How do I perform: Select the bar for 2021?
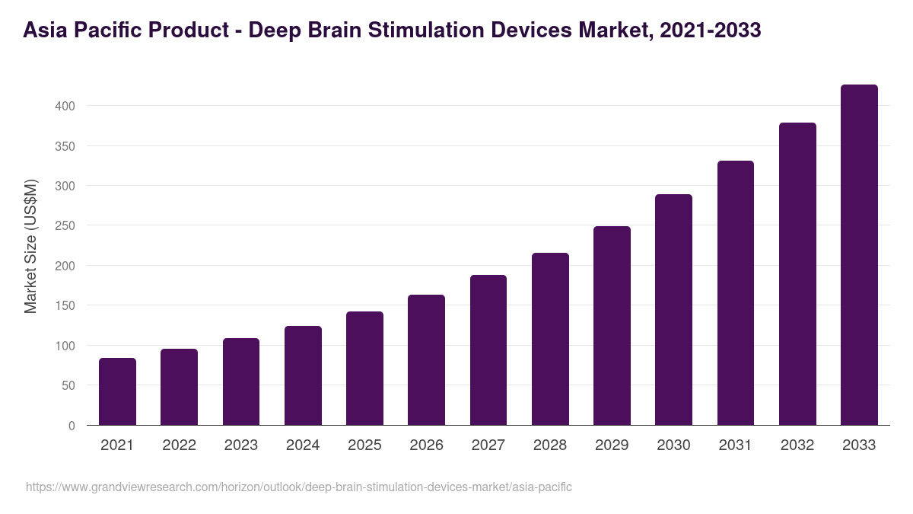pos(117,391)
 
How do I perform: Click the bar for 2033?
pos(859,255)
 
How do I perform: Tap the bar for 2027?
pos(488,350)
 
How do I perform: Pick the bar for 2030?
pos(673,310)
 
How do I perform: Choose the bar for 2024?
pos(303,375)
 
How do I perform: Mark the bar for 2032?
pos(797,274)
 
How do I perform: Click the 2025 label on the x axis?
pos(364,445)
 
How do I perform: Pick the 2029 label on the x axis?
pos(612,445)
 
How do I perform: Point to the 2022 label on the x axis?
pos(179,445)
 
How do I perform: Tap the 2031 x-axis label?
pos(736,445)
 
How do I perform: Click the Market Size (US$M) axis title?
pos(30,246)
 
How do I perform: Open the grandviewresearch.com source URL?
pos(298,487)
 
